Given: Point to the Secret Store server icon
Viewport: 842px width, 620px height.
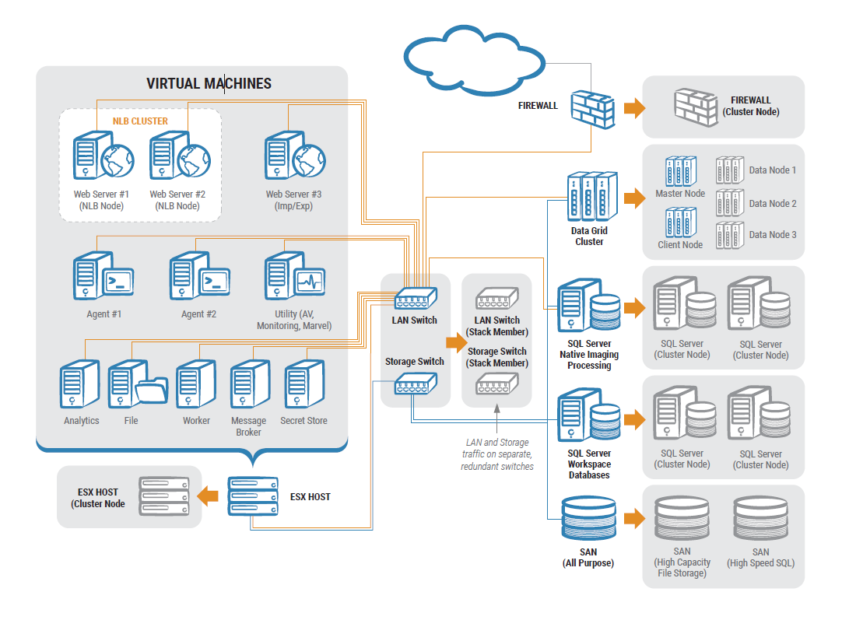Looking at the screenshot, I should click(296, 384).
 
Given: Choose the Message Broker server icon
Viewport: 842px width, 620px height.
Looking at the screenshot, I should click(247, 384).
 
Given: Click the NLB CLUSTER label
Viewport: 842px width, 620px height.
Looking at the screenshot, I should click(140, 121).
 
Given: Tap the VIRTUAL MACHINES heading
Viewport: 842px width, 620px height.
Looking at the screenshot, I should click(209, 83).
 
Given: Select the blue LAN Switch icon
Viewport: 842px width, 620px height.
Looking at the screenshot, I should click(416, 298).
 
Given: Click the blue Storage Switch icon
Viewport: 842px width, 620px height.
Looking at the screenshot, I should click(416, 384).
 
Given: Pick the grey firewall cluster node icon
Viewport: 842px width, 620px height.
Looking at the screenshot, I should click(695, 107).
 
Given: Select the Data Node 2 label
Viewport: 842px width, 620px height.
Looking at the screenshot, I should click(773, 204).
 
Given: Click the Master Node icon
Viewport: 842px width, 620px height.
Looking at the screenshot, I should click(679, 170).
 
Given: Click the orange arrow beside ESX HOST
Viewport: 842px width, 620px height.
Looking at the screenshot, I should click(208, 496).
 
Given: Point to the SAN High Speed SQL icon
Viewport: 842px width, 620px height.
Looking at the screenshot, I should click(760, 520).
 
